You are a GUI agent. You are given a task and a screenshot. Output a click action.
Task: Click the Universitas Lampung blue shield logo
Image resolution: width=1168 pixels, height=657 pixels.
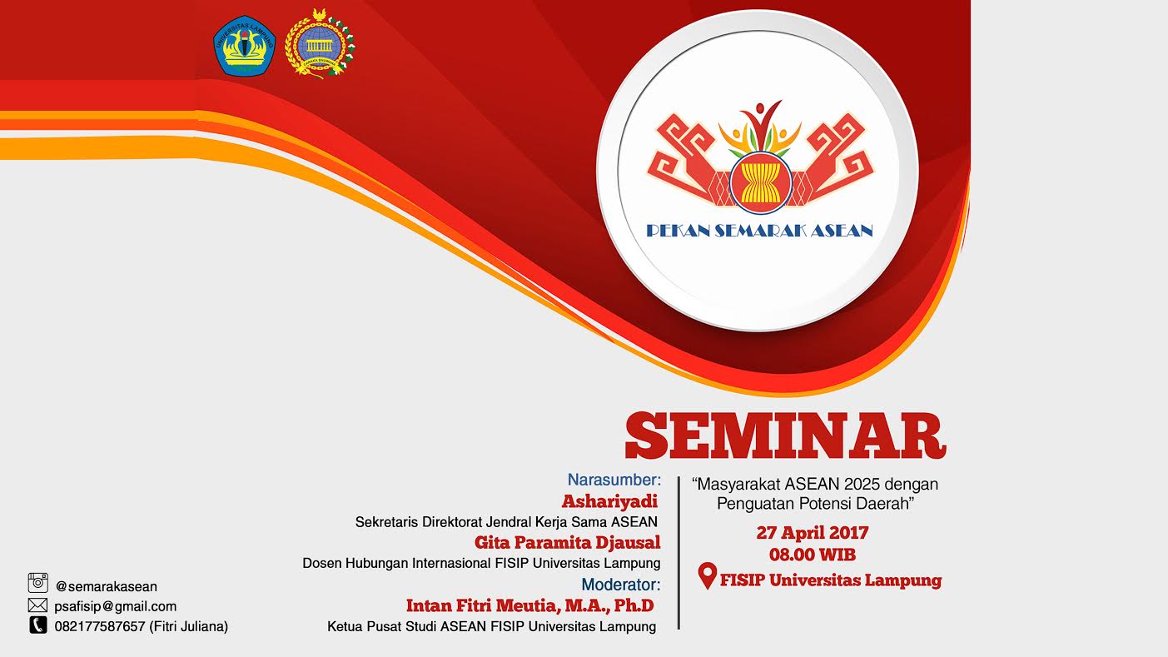[x=244, y=47]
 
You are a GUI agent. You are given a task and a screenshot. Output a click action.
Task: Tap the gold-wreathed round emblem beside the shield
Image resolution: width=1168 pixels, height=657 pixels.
[x=320, y=43]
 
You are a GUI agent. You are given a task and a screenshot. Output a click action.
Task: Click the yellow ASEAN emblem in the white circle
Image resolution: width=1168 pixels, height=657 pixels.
[x=760, y=178]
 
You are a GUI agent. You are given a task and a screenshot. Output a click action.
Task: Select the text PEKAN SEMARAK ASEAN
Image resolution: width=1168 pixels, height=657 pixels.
[x=759, y=231]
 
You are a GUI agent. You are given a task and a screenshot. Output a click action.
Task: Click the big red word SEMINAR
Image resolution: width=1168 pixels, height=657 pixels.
[x=785, y=435]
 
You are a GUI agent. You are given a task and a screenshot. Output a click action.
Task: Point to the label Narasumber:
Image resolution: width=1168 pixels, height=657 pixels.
[x=614, y=480]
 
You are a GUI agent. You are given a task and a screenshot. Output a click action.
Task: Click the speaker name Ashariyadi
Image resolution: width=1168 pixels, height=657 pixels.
[x=609, y=501]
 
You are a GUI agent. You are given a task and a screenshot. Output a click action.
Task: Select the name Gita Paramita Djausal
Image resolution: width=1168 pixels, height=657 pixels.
[x=567, y=543]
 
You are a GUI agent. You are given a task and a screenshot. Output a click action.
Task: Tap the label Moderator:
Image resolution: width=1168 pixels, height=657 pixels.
[x=620, y=585]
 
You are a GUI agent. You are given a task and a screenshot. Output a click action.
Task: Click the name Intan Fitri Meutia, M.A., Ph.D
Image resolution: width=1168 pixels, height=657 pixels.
[x=529, y=605]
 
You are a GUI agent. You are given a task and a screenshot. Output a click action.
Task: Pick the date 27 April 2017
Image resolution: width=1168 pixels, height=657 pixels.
[x=812, y=533]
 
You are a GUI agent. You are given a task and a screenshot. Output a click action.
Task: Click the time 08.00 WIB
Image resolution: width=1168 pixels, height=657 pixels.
[x=812, y=555]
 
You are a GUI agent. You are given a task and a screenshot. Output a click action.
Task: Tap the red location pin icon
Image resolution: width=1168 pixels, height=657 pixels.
[x=707, y=576]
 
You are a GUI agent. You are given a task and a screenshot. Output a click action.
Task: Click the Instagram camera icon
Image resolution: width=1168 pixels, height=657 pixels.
[x=38, y=583]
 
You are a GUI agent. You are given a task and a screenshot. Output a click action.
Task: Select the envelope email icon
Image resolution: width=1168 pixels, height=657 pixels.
[x=37, y=605]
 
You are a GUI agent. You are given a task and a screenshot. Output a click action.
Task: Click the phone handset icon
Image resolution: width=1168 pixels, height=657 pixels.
[x=37, y=625]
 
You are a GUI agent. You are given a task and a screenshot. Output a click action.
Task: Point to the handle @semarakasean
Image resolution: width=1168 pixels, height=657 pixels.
[x=107, y=586]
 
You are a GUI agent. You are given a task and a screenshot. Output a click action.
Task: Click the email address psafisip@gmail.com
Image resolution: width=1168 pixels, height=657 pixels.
[x=116, y=606]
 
